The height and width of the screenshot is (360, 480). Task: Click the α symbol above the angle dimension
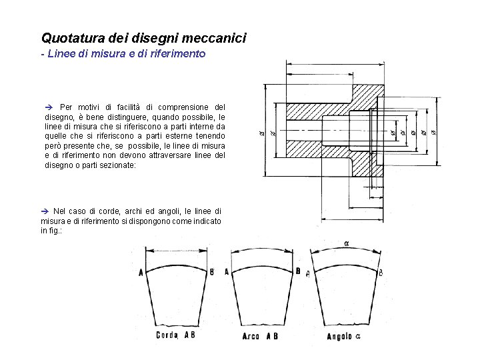[x=347, y=243]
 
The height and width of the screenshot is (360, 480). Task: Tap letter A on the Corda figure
[x=140, y=272]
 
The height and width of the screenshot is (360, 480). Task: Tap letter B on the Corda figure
[x=211, y=271]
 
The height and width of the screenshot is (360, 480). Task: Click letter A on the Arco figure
[x=227, y=271]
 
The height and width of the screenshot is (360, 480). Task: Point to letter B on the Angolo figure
[x=380, y=273]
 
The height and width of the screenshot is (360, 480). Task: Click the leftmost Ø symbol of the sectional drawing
[x=261, y=133]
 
